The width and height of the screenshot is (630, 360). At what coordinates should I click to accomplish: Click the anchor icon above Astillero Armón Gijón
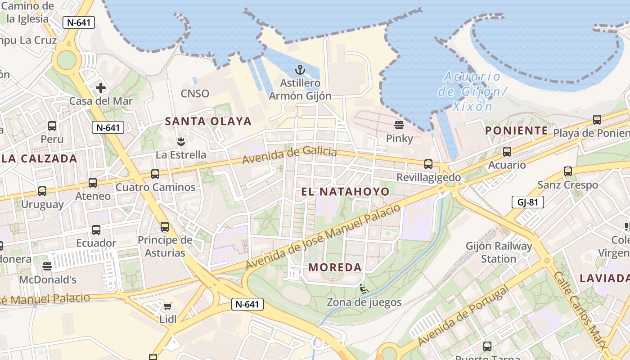300,70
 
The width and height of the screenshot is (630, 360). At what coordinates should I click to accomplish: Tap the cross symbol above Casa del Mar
100,88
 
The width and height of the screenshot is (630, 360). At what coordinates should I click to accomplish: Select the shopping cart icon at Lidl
167,306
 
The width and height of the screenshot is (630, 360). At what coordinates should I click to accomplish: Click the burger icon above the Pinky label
399,125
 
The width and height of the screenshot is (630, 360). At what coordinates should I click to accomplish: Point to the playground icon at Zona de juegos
364,288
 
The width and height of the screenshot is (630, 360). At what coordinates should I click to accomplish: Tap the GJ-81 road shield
527,202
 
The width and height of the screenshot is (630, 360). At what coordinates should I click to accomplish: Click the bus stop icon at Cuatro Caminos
155,174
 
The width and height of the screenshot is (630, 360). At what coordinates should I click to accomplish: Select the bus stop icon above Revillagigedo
428,164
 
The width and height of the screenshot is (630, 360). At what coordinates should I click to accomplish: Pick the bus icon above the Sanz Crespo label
568,171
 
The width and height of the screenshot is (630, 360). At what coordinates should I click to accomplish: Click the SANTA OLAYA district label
208,121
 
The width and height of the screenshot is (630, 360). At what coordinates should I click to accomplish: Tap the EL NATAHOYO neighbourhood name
345,192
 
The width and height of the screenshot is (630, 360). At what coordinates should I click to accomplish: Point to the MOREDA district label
335,267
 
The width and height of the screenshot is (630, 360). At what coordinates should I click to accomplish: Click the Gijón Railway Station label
499,252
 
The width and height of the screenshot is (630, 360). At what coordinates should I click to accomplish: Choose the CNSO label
195,94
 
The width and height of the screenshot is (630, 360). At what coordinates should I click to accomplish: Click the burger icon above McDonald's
47,266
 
